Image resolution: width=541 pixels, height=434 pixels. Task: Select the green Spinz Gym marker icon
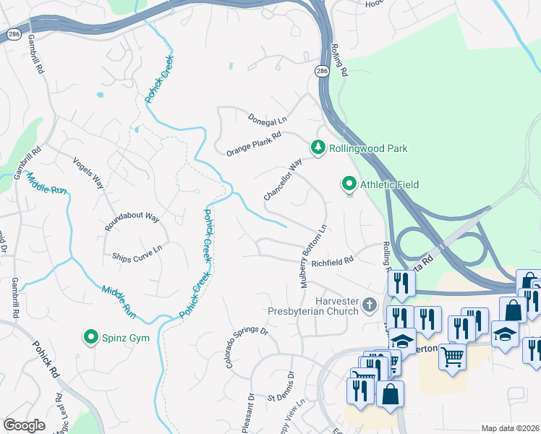pos(91,337)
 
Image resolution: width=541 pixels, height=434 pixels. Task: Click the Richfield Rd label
pos(332,262)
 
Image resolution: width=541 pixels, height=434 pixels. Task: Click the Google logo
pos(24,425)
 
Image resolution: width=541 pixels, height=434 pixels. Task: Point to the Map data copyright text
pos(509,428)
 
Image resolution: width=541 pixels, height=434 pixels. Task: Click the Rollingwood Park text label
pos(368,148)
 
